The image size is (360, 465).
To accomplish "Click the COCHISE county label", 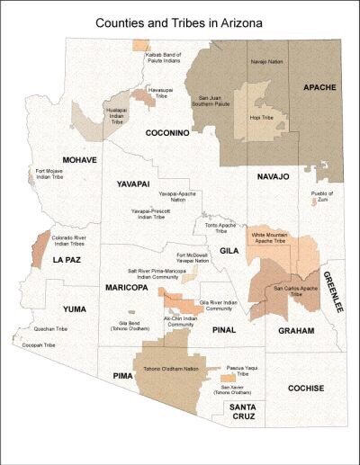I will click(x=306, y=389).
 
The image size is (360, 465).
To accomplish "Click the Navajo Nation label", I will click(x=264, y=61).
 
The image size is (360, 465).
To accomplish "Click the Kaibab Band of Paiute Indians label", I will click(x=166, y=57).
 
